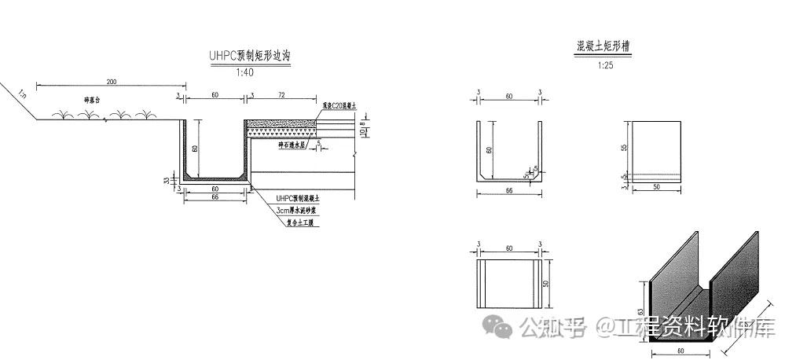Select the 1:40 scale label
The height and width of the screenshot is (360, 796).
click(x=245, y=72)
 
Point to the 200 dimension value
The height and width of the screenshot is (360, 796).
click(x=111, y=82)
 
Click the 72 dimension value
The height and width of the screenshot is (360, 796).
click(x=281, y=94)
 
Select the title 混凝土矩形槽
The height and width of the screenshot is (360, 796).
click(x=603, y=47)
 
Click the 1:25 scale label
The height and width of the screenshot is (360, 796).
click(x=604, y=65)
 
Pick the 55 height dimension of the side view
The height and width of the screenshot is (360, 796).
click(x=623, y=147)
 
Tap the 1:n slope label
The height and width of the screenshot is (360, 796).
click(x=21, y=95)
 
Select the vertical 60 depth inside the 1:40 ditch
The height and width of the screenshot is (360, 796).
click(x=195, y=148)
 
